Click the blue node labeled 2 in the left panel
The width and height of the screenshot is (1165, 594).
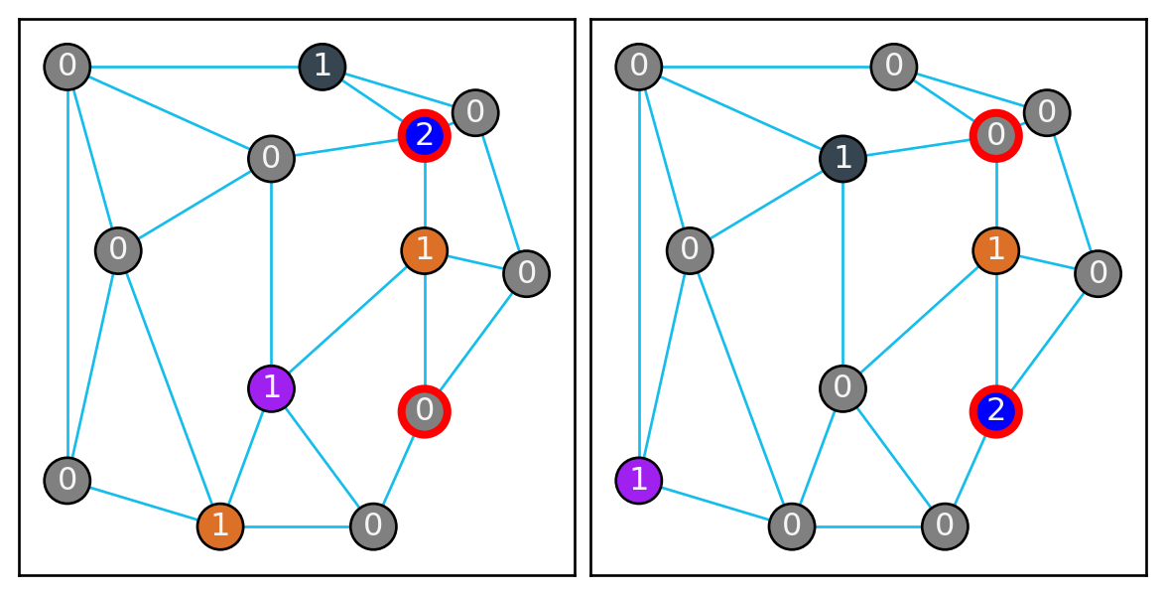click(425, 135)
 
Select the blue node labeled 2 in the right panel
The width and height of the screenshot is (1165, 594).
click(996, 409)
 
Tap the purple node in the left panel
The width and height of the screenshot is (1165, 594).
click(271, 386)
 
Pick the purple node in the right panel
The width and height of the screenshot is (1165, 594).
click(639, 480)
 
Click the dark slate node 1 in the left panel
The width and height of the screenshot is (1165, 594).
click(322, 68)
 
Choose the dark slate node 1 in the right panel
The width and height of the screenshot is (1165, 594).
click(842, 158)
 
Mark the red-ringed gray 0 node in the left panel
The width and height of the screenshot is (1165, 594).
click(425, 409)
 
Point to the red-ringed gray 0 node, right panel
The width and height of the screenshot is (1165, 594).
click(996, 135)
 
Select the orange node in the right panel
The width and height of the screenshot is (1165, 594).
click(996, 250)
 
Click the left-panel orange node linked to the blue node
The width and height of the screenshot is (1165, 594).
click(425, 250)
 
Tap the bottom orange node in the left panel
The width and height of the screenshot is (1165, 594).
click(220, 525)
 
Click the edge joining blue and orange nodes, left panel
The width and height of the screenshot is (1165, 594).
click(425, 193)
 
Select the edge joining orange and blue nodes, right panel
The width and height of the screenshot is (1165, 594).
click(996, 330)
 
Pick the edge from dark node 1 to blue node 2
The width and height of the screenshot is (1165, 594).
click(373, 101)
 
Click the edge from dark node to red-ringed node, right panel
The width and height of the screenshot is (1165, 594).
click(919, 147)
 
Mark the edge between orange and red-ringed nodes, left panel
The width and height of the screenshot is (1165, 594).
click(425, 330)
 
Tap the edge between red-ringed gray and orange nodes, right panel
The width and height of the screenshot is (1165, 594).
click(996, 193)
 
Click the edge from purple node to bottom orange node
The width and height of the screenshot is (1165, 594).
click(246, 456)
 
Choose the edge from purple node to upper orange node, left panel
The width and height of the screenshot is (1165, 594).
click(347, 318)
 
